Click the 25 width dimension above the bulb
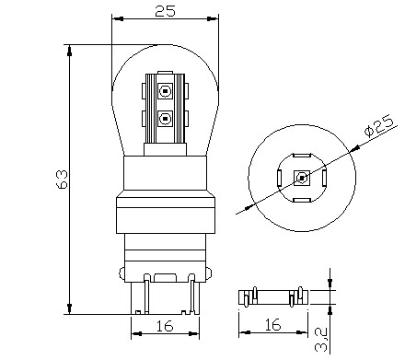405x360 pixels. click(x=166, y=11)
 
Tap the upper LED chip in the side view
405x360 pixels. click(x=166, y=91)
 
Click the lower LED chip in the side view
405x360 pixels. click(x=166, y=118)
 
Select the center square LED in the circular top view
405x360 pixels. click(x=301, y=177)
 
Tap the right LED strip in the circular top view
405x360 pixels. click(x=323, y=177)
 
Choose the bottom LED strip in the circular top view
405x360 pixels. click(x=301, y=199)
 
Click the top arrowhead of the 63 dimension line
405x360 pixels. click(x=70, y=48)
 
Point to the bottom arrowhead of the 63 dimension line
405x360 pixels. click(x=70, y=309)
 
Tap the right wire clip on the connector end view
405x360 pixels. click(x=293, y=297)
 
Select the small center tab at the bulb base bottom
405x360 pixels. click(x=167, y=277)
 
